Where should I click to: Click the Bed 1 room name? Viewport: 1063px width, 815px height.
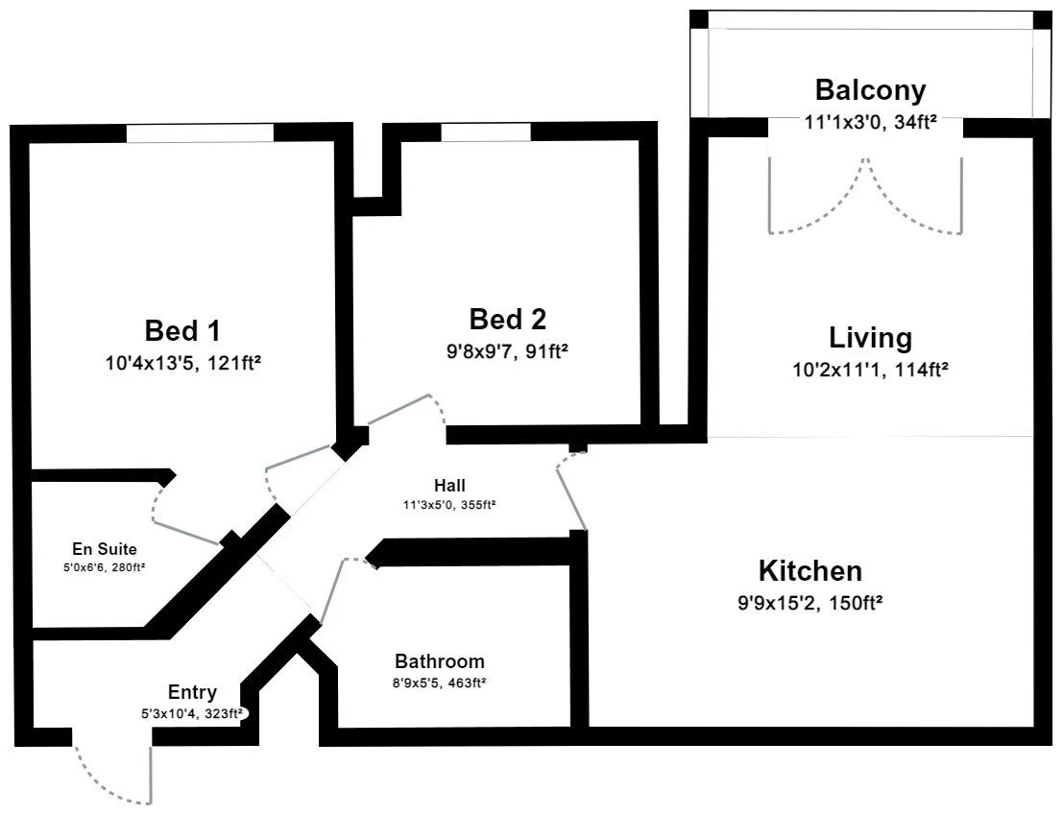tap(182, 330)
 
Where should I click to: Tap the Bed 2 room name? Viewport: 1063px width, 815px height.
tap(508, 319)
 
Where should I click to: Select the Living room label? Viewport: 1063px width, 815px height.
tap(870, 337)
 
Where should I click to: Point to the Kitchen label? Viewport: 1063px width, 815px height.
tap(810, 570)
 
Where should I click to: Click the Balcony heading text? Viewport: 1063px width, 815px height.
tap(870, 90)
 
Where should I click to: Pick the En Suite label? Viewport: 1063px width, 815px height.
tap(105, 549)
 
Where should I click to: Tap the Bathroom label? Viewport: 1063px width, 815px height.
tap(439, 661)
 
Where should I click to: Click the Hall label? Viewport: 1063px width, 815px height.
tap(449, 485)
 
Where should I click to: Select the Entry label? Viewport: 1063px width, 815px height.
tap(193, 692)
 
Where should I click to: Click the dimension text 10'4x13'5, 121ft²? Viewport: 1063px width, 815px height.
tap(183, 363)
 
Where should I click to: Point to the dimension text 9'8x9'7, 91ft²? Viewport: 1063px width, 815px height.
tap(507, 351)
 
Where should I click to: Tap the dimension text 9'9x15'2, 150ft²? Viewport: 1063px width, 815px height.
tap(810, 602)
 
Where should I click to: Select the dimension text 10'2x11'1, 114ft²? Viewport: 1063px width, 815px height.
tap(870, 370)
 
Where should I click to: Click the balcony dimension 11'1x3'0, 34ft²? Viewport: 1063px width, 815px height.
tap(870, 123)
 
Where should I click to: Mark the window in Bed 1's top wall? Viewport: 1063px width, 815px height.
tap(200, 132)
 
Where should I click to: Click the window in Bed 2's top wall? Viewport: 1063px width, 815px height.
tap(485, 132)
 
